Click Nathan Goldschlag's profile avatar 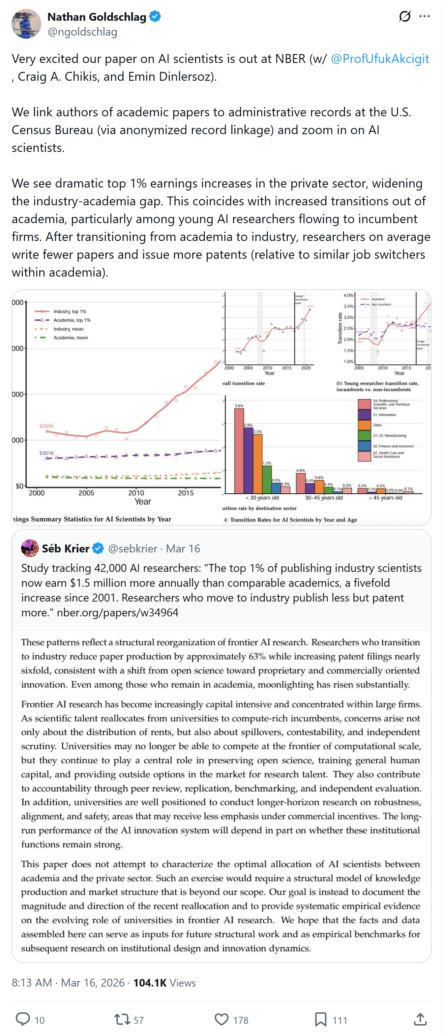pyautogui.click(x=26, y=24)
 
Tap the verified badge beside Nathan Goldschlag pyautogui.click(x=155, y=16)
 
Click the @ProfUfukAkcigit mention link pyautogui.click(x=380, y=59)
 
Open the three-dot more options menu pyautogui.click(x=424, y=16)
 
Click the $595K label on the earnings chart pyautogui.click(x=46, y=426)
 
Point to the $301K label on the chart pyautogui.click(x=46, y=453)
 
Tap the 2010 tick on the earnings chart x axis pyautogui.click(x=136, y=493)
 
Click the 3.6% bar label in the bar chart pyautogui.click(x=239, y=406)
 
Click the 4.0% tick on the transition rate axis pyautogui.click(x=348, y=295)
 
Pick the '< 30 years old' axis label pyautogui.click(x=262, y=498)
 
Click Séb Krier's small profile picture pyautogui.click(x=30, y=548)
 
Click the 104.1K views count pyautogui.click(x=150, y=982)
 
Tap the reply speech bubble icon pyautogui.click(x=23, y=1019)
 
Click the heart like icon pyautogui.click(x=221, y=1019)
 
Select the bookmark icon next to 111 pyautogui.click(x=320, y=1019)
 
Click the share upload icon pyautogui.click(x=420, y=1019)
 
